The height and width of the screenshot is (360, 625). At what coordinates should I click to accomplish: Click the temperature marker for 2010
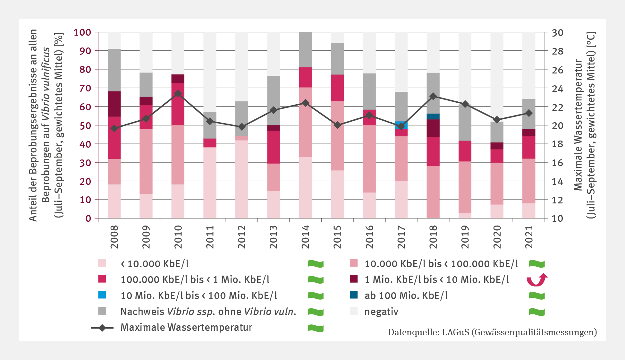click(178, 94)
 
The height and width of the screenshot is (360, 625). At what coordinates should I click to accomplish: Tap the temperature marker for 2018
click(433, 96)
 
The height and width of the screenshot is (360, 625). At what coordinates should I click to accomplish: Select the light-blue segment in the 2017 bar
click(401, 123)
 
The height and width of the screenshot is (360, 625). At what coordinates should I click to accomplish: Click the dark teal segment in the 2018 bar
click(433, 116)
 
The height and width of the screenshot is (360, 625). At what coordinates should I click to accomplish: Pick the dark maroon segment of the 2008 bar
click(114, 104)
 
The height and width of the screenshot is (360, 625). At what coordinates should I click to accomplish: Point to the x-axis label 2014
click(305, 237)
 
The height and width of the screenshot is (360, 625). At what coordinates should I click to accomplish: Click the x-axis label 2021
click(529, 237)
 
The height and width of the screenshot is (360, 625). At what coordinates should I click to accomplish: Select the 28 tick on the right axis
click(557, 51)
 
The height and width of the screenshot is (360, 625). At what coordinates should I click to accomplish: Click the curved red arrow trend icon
click(537, 279)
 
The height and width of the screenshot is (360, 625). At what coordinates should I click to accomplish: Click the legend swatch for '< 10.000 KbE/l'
click(102, 263)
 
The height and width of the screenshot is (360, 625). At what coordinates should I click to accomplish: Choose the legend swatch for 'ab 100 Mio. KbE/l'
click(354, 295)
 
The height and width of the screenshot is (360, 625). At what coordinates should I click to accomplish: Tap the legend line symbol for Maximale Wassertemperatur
click(102, 328)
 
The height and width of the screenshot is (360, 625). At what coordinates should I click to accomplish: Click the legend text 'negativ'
click(381, 312)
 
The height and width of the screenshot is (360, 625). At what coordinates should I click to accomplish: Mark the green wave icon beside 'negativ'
click(536, 312)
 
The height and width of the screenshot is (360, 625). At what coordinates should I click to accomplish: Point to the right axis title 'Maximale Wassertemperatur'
click(578, 125)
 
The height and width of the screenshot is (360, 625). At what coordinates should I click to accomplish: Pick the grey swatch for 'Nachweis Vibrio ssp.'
click(102, 311)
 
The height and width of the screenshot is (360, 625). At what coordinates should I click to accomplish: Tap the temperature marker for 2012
click(242, 127)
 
